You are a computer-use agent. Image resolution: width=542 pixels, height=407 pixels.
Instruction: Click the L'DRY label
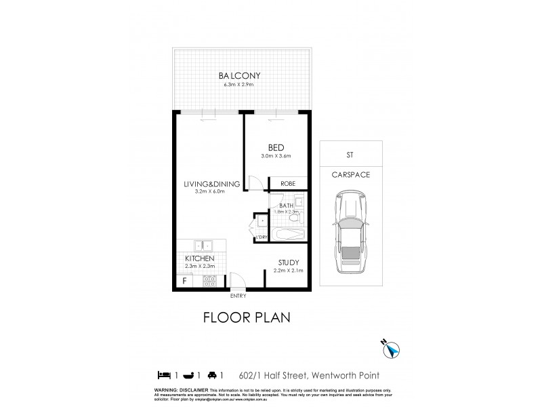(x=262, y=237)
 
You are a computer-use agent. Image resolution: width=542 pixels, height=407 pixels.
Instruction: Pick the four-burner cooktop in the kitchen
(x=209, y=279)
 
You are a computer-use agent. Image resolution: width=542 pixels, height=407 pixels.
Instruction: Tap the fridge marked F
(x=183, y=280)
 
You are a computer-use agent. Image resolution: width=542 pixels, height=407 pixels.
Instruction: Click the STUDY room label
(x=289, y=262)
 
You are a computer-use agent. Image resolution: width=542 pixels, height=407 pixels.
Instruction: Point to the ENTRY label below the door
(x=238, y=296)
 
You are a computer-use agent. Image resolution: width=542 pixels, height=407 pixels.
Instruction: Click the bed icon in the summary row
(x=163, y=374)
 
